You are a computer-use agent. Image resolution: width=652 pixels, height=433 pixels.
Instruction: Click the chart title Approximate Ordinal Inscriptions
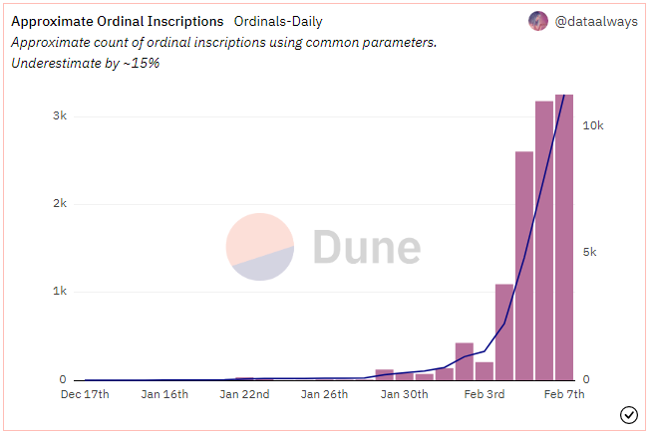point(117,21)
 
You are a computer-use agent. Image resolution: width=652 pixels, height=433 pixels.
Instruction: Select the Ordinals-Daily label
point(277,21)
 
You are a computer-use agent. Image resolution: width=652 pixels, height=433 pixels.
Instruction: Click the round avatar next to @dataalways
point(537,21)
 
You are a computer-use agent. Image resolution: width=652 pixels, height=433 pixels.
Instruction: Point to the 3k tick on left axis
point(60,115)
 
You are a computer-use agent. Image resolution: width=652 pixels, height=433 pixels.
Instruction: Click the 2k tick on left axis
point(60,203)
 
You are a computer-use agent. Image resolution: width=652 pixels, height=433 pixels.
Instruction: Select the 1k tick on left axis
point(60,292)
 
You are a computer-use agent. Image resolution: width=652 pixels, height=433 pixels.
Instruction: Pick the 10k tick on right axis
point(594,126)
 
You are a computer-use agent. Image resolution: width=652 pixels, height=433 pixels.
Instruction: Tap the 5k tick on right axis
point(590,253)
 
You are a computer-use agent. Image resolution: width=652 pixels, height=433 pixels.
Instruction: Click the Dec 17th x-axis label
point(86,395)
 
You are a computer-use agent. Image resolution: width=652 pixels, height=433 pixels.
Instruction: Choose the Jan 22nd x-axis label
point(245,395)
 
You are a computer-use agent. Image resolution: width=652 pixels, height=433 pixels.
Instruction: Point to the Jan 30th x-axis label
point(404,395)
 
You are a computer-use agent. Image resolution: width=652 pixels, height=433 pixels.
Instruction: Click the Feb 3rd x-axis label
point(486,395)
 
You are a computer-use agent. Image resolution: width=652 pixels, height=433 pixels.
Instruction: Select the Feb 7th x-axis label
point(563,395)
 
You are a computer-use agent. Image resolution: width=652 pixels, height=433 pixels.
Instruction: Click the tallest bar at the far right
point(564,239)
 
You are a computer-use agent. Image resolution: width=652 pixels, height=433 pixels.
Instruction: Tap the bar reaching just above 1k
point(504,331)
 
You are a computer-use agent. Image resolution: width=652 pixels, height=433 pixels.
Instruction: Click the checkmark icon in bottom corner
point(629,414)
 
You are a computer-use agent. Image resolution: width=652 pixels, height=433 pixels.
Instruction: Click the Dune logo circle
point(259,247)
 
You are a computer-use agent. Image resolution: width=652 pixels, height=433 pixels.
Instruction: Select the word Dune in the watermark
point(366,247)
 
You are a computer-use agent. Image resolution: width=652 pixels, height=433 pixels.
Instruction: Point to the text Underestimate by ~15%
point(85,63)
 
